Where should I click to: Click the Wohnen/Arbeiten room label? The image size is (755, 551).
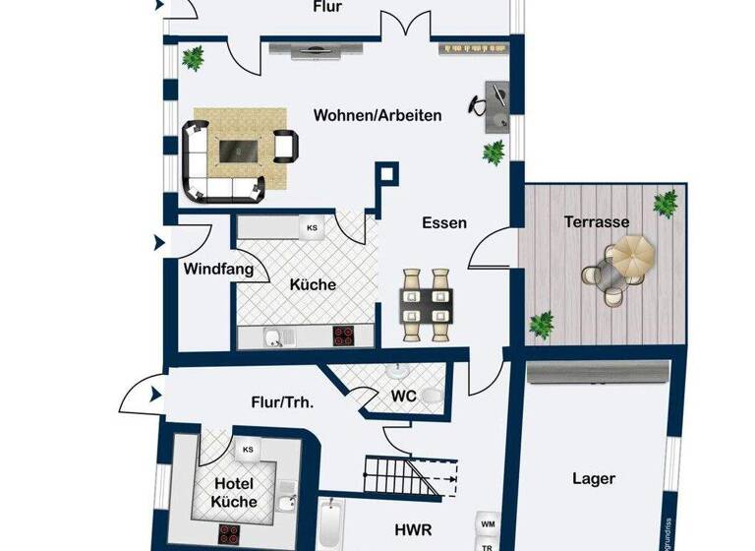coord(377,115)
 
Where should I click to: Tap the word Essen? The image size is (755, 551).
coord(444,223)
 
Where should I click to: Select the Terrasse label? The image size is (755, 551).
coord(596,222)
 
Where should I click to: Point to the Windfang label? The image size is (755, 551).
coord(218,269)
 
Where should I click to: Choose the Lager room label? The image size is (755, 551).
coord(594,479)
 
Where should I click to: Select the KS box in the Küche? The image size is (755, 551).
coord(313,228)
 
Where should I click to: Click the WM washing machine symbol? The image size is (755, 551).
coord(488,523)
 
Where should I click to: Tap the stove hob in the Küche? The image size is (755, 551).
coord(345,337)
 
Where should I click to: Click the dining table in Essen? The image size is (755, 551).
coord(427,304)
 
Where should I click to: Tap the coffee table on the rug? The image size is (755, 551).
coord(238,151)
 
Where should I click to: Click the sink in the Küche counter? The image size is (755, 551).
coord(274,338)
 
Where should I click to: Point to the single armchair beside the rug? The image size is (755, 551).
coord(285,147)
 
